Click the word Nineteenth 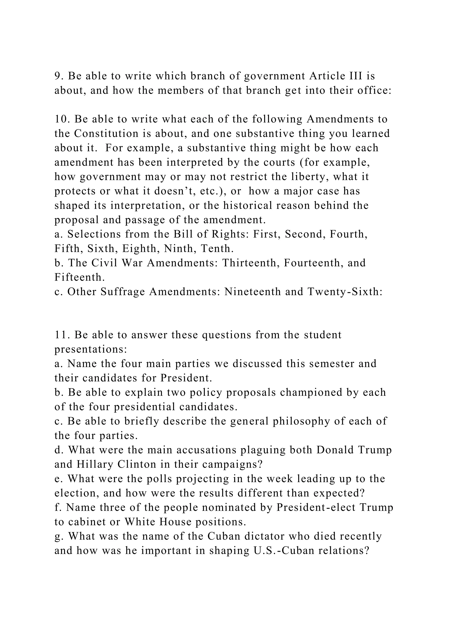click(x=252, y=292)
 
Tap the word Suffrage click(x=123, y=292)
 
